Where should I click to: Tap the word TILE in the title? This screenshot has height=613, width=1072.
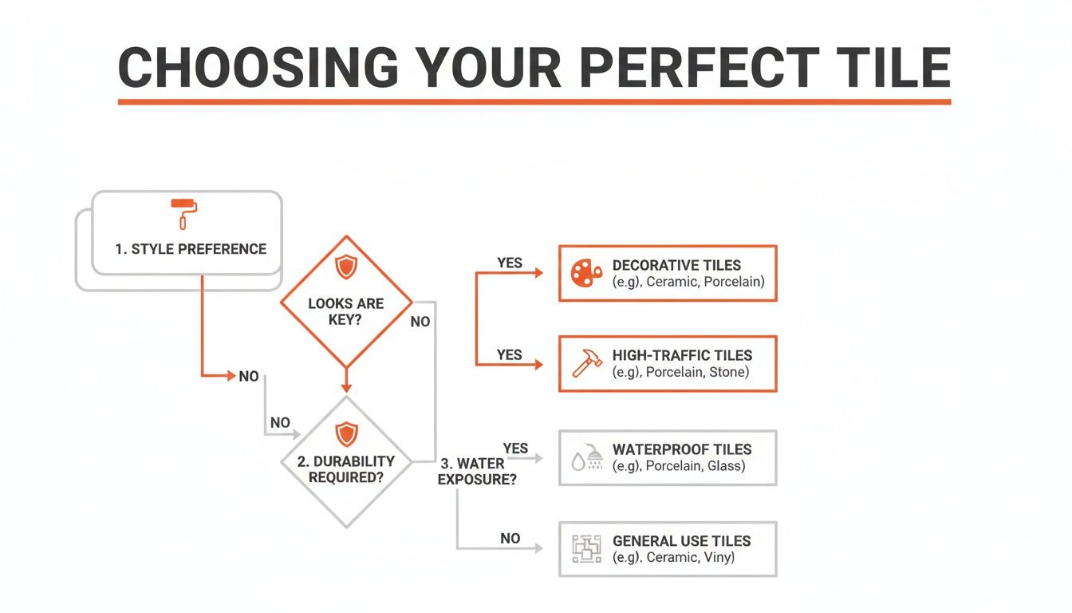point(893,68)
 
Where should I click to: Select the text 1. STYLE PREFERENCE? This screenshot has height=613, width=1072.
point(191,249)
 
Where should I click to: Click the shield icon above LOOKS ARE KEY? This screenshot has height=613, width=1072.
point(346,267)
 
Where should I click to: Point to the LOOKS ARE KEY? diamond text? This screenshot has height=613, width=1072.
point(345,311)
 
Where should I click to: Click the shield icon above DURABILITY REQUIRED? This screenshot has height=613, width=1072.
point(346,433)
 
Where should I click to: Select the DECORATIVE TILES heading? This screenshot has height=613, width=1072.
point(676,265)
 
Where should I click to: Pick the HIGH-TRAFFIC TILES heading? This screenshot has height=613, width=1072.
point(682,355)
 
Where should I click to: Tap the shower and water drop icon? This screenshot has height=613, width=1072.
point(587,457)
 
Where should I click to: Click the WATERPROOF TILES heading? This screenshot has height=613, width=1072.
point(682,449)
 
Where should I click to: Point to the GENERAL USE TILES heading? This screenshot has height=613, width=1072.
point(681,540)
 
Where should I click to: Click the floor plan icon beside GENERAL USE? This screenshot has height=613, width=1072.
point(587,548)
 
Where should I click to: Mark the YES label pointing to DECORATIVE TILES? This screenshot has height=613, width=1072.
point(510,263)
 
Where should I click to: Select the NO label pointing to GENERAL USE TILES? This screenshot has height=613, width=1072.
point(510,538)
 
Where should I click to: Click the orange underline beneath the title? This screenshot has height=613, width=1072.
point(534,102)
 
